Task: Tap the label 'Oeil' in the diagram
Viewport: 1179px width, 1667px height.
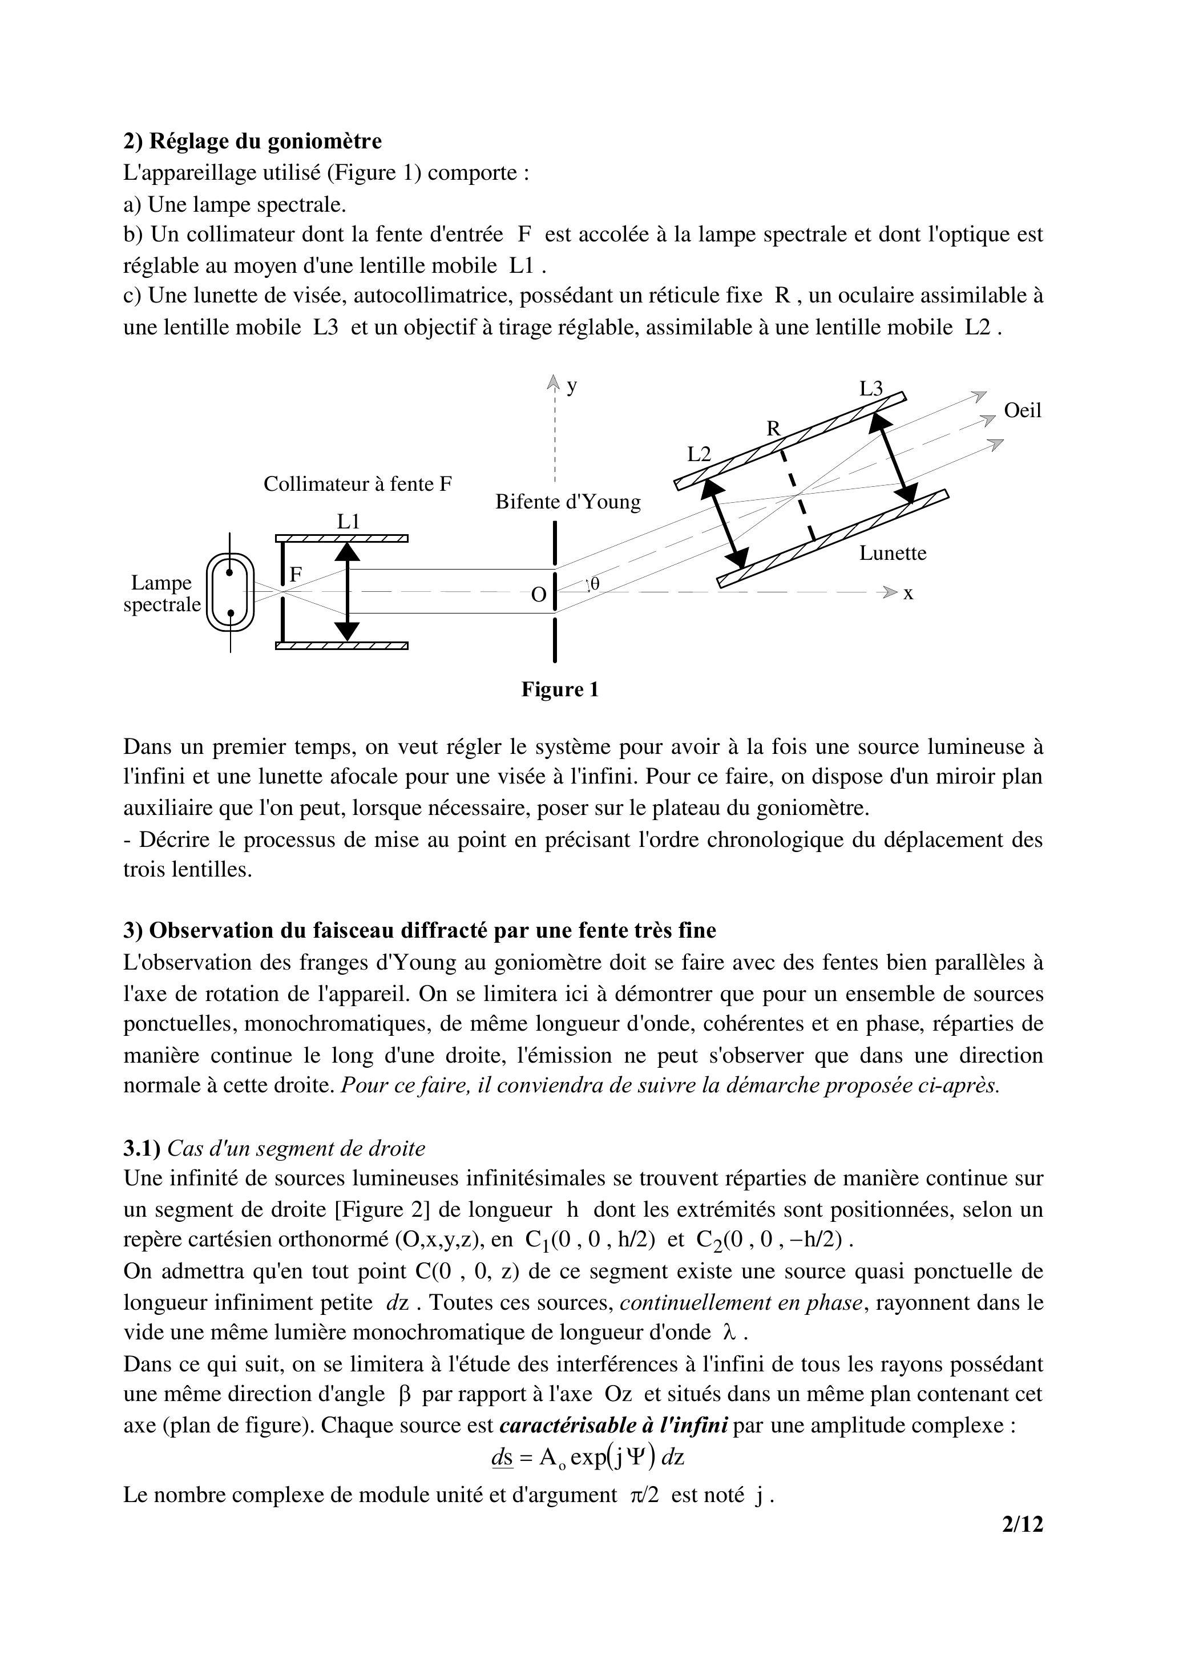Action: click(1022, 411)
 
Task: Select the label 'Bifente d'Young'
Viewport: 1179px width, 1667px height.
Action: click(568, 502)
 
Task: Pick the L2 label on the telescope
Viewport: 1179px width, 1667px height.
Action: click(699, 454)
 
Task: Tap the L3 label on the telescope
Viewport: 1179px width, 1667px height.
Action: click(871, 389)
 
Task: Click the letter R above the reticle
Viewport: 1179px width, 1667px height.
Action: click(773, 429)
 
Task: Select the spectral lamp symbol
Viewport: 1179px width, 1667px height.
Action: click(230, 592)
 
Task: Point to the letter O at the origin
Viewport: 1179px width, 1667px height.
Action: click(538, 595)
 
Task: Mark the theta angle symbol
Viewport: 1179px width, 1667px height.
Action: click(595, 583)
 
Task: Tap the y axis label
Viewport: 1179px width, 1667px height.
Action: click(572, 386)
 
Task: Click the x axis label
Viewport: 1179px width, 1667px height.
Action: click(908, 594)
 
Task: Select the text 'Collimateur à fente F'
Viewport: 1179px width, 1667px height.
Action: click(357, 485)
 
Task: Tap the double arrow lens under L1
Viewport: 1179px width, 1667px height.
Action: click(348, 592)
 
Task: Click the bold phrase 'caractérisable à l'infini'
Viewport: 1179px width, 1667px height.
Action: click(613, 1425)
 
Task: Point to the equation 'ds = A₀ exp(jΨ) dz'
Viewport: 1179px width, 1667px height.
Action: click(587, 1457)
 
